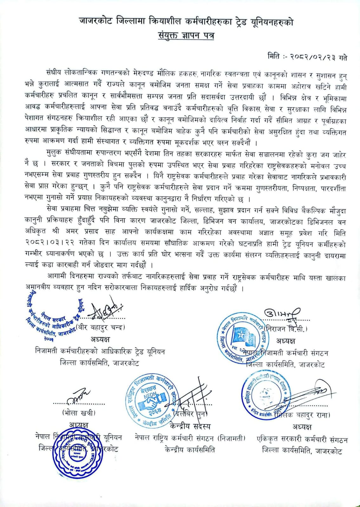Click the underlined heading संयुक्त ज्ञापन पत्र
pyautogui.click(x=186, y=35)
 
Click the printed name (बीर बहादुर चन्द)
pyautogui.click(x=101, y=327)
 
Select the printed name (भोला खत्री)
pyautogui.click(x=79, y=413)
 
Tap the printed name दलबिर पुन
pyautogui.click(x=190, y=413)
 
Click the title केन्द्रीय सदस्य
pyautogui.click(x=190, y=426)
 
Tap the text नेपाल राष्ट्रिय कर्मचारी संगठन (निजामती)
pyautogui.click(x=190, y=439)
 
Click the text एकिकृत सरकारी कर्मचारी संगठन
pyautogui.click(x=302, y=440)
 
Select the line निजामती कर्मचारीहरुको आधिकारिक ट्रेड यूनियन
pyautogui.click(x=100, y=352)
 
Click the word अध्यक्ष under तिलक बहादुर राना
pyautogui.click(x=302, y=427)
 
